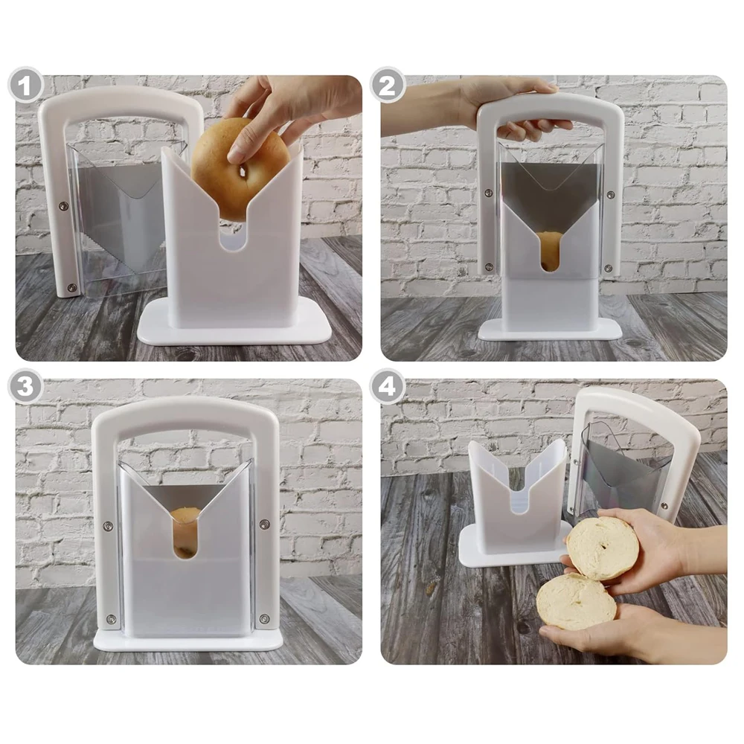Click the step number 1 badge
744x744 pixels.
[26, 87]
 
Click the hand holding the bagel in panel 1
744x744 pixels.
[294, 108]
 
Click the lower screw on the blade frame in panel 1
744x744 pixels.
[71, 287]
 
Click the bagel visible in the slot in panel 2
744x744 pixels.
[550, 249]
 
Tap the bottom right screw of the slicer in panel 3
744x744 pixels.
[262, 618]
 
